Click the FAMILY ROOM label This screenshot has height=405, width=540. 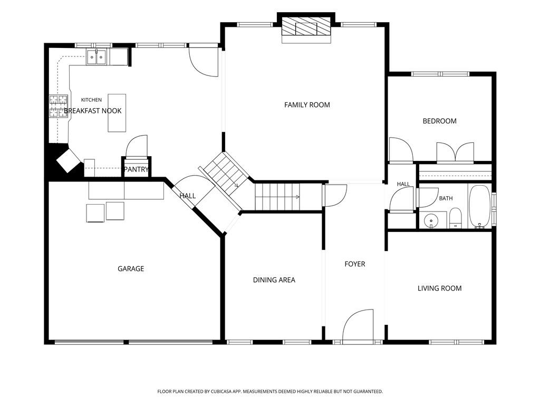pos(307,105)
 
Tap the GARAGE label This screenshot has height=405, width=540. pos(131,268)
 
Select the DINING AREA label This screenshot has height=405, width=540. pos(274,280)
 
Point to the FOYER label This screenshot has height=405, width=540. pos(355,264)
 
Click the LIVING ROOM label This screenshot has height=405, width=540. pos(439,288)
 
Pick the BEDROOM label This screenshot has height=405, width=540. pos(439,121)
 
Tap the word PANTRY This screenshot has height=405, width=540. pos(136,169)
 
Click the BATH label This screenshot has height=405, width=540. pos(446,198)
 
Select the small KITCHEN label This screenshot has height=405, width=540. pos(91,100)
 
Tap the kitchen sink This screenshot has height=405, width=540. pos(97,57)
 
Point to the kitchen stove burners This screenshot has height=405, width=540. pos(58,106)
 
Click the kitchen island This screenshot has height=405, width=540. pos(117,113)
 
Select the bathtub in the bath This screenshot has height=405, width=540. pos(479,207)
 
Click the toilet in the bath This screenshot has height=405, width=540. pos(455,218)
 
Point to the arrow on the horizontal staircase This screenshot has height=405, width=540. pos(277,197)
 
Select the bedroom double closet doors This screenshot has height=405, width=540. pos(455,151)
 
